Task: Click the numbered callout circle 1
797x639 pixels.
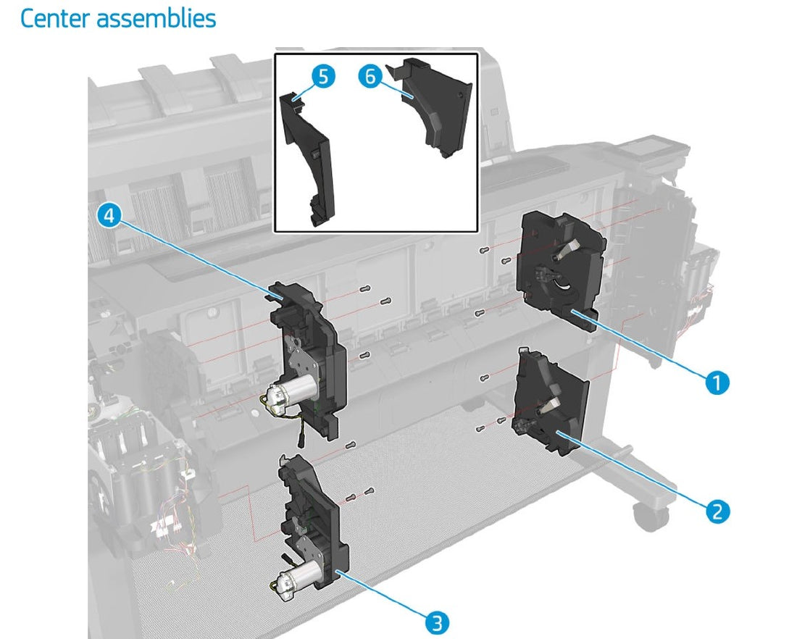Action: click(717, 382)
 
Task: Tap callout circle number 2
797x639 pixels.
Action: click(717, 511)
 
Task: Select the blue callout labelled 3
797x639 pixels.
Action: click(437, 622)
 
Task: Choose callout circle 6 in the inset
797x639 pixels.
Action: click(370, 76)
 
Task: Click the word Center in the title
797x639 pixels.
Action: click(55, 18)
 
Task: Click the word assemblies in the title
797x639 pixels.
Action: click(156, 19)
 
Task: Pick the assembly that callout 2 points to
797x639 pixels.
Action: click(551, 401)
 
